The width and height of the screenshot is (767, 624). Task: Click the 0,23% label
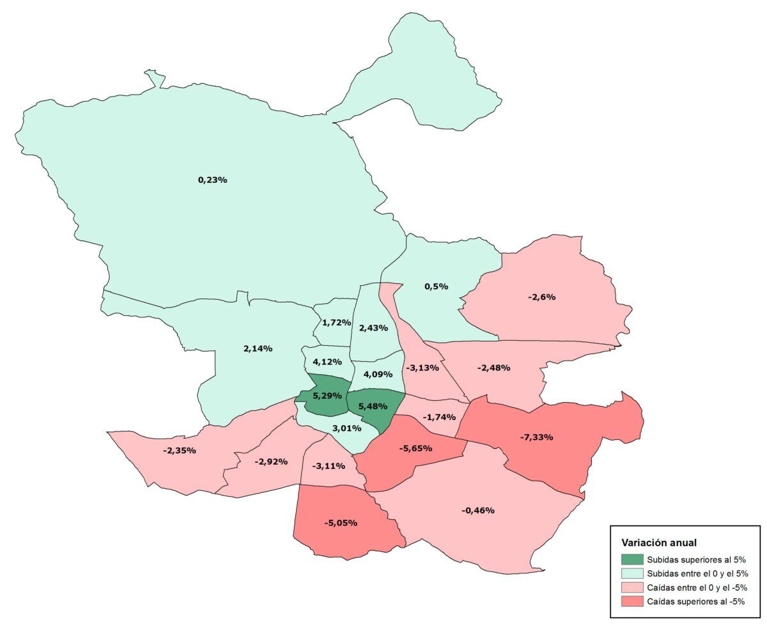pyautogui.click(x=213, y=180)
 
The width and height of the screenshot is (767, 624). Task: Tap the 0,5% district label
pyautogui.click(x=436, y=286)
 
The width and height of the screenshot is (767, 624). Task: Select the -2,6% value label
pyautogui.click(x=541, y=297)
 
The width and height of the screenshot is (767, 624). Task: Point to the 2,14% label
pyautogui.click(x=258, y=348)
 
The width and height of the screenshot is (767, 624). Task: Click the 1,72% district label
pyautogui.click(x=336, y=322)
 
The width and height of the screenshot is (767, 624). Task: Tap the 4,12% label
pyautogui.click(x=327, y=362)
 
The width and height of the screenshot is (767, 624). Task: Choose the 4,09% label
pyautogui.click(x=377, y=373)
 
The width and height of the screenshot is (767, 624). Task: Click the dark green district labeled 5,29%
pyautogui.click(x=327, y=396)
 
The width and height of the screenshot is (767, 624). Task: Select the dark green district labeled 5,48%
pyautogui.click(x=374, y=406)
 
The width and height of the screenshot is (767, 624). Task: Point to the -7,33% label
pyautogui.click(x=536, y=437)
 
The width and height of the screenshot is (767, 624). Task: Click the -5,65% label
pyautogui.click(x=415, y=448)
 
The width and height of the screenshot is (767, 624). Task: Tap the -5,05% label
pyautogui.click(x=340, y=523)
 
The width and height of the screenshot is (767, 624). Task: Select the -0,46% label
pyautogui.click(x=477, y=510)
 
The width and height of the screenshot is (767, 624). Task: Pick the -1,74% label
pyautogui.click(x=439, y=417)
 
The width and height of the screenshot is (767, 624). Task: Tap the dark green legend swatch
pyautogui.click(x=631, y=559)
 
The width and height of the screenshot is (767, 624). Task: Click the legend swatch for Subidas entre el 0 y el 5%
pyautogui.click(x=631, y=573)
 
